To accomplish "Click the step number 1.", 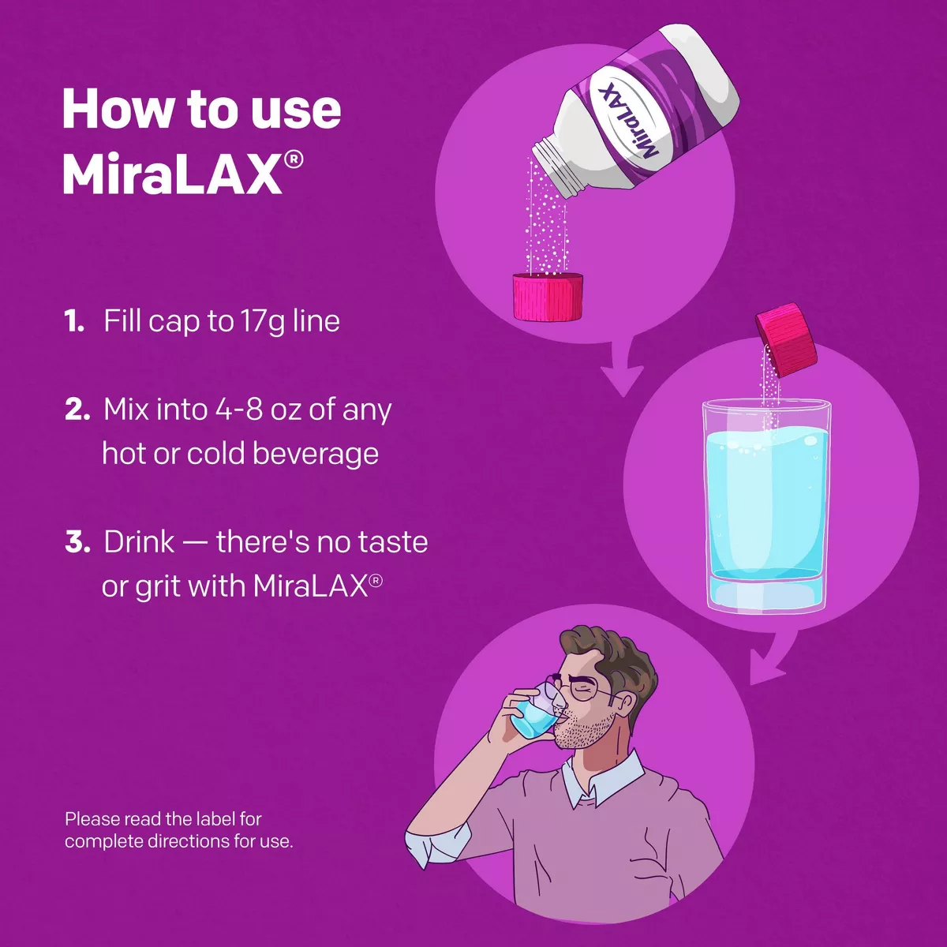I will coord(74,321).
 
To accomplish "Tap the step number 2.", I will coord(77,410).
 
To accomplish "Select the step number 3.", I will coord(77,542).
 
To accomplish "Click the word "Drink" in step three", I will coord(139,542).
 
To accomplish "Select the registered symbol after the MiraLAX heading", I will coord(293,160).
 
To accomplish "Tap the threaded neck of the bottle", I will coord(559,168).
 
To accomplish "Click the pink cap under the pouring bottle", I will coord(548,297).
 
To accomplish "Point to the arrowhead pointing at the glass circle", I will coord(623,380).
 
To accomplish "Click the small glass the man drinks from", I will coord(533,714).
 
